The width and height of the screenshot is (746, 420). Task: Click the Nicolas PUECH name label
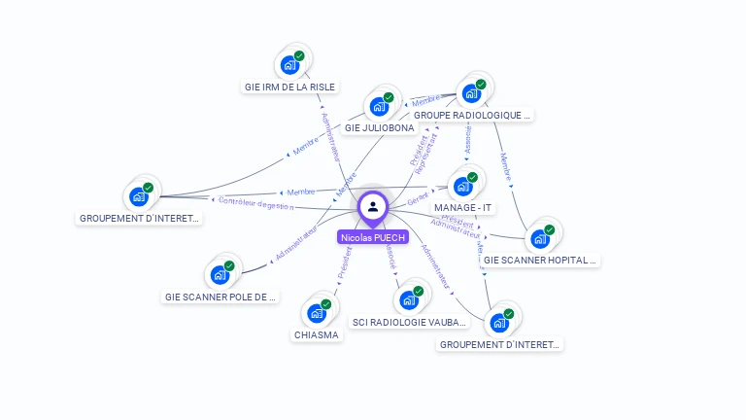373,236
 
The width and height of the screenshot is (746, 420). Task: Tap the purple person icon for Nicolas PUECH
373,206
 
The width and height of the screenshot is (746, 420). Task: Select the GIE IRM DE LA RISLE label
289,87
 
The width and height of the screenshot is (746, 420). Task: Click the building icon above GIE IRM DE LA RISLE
288,65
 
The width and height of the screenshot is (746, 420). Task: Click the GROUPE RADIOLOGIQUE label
473,115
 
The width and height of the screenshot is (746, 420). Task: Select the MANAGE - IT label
463,208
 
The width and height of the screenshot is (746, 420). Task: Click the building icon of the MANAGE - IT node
462,186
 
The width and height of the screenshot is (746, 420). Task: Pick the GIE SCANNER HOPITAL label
540,261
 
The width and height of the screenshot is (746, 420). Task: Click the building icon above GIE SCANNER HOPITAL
539,239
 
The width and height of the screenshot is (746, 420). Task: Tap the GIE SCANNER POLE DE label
220,297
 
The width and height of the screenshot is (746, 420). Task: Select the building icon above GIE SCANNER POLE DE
220,274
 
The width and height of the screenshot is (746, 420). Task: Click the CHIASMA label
317,335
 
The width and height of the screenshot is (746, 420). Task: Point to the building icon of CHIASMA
317,313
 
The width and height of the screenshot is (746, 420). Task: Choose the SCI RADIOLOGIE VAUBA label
410,322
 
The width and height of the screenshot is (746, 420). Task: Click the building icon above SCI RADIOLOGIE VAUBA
409,300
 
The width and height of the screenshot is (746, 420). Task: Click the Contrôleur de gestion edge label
255,204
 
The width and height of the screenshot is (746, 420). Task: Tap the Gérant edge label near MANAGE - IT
417,199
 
